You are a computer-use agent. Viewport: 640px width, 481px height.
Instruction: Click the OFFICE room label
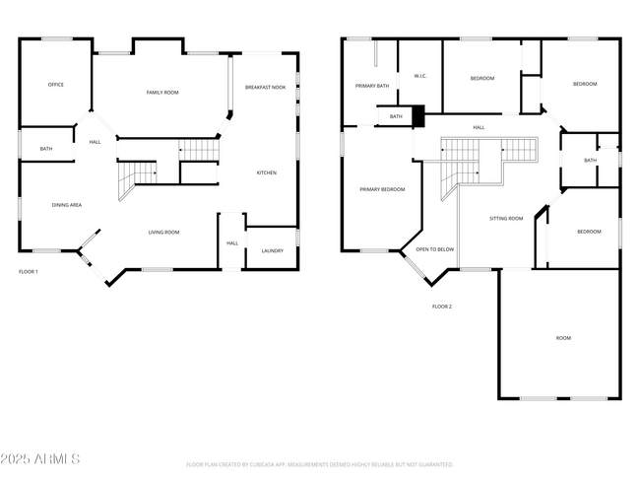(56, 85)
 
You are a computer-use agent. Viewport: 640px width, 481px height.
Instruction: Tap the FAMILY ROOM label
(162, 93)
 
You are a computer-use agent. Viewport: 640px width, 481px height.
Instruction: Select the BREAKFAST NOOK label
(265, 88)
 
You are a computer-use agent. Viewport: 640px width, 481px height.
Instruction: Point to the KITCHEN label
(267, 172)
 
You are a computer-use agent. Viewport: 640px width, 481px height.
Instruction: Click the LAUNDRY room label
(273, 250)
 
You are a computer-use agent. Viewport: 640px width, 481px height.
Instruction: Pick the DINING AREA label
(67, 205)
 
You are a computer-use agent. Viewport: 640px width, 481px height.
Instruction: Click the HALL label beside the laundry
(232, 242)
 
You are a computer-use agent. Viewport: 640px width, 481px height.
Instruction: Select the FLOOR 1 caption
(29, 271)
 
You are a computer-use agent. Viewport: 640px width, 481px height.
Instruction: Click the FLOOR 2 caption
(442, 307)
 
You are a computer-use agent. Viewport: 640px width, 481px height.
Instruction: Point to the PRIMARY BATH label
(372, 86)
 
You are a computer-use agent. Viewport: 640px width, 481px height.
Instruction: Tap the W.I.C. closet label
(418, 76)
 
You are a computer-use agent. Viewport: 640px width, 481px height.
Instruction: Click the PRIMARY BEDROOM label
(382, 189)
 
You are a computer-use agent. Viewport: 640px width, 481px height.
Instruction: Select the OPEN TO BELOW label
(435, 249)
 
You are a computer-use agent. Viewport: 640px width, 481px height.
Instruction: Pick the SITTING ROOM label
(506, 218)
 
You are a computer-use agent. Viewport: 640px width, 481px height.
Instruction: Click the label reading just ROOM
(563, 338)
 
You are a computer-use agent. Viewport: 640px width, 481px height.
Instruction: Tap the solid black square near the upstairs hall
(417, 116)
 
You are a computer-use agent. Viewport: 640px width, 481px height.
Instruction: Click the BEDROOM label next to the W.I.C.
(481, 78)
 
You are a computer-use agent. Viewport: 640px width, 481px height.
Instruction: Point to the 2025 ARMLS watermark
(40, 459)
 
